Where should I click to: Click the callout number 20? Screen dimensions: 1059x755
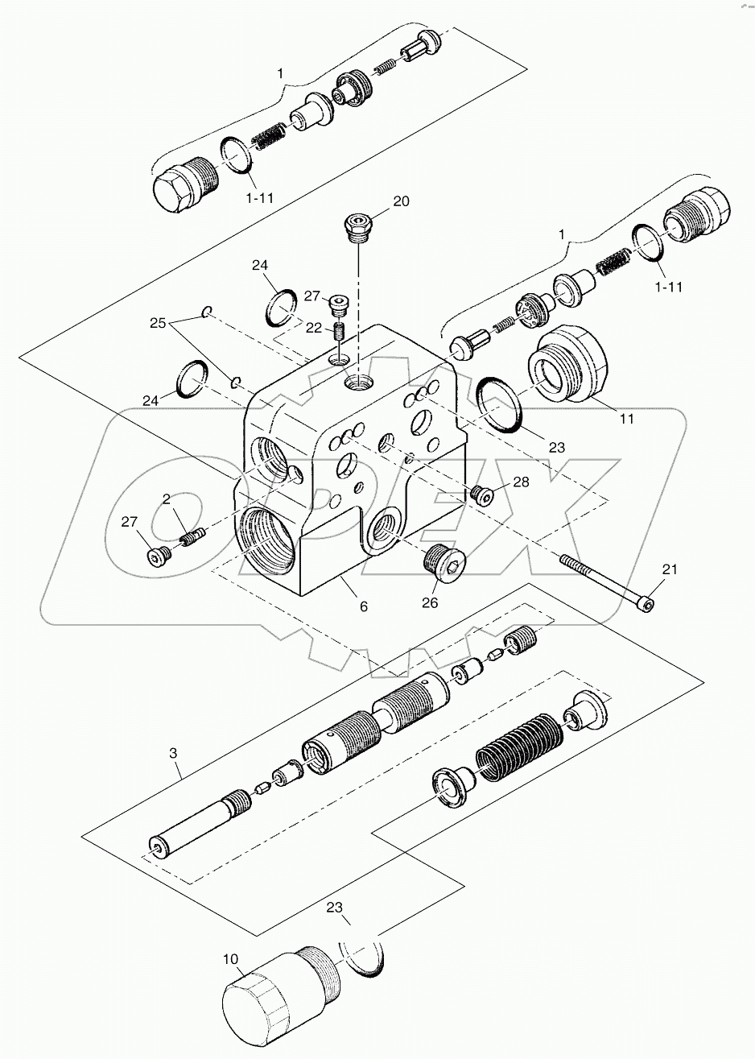click(x=401, y=201)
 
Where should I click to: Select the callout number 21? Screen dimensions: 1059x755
click(x=670, y=569)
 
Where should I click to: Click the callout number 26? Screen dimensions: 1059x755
click(x=430, y=602)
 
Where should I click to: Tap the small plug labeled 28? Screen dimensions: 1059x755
click(x=482, y=494)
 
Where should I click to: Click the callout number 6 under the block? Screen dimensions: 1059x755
click(x=363, y=606)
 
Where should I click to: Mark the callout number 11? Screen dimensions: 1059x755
click(x=626, y=418)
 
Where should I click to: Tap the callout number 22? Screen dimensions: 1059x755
click(x=312, y=328)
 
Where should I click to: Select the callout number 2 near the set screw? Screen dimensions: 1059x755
click(x=166, y=499)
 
